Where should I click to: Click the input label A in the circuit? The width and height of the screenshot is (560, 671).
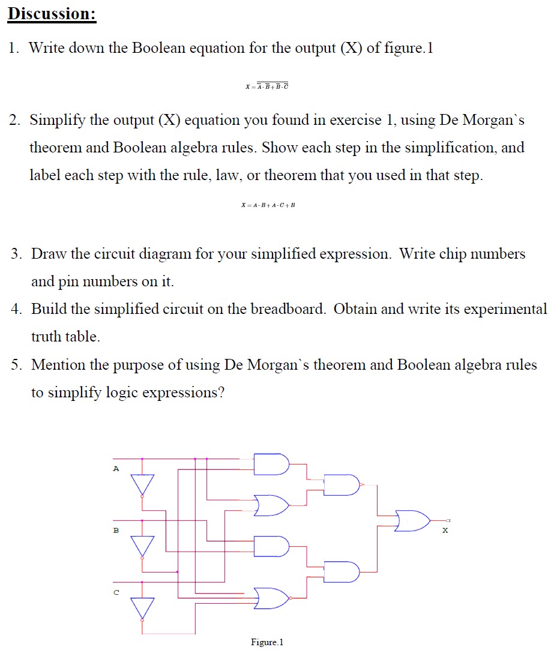pos(116,468)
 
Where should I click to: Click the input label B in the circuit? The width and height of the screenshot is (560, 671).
pos(116,530)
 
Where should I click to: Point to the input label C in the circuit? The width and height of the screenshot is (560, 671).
pos(116,592)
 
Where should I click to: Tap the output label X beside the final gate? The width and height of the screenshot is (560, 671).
pos(445,531)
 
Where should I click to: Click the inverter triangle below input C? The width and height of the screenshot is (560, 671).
pos(142,608)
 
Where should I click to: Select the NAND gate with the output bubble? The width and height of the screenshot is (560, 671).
pos(341,484)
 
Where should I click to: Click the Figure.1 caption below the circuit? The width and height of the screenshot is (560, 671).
pos(267,642)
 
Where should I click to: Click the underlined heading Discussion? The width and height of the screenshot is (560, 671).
pos(52,14)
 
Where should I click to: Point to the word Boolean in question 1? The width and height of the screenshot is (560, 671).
pos(158,48)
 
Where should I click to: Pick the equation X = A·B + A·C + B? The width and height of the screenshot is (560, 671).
pos(268,205)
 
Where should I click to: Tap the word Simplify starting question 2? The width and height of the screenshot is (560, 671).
pos(58,120)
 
